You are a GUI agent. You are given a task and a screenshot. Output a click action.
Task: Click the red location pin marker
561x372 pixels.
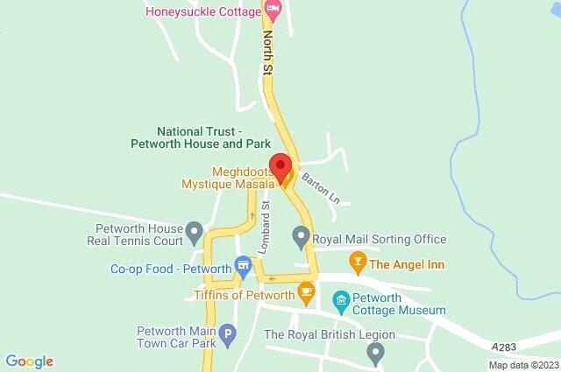click(280, 166)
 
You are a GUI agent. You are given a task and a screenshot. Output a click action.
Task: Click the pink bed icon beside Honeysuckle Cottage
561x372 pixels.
click(273, 11)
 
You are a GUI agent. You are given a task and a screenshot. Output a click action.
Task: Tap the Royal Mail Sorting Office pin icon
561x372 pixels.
click(302, 235)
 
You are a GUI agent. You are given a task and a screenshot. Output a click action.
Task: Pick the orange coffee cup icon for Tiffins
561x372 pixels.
click(306, 291)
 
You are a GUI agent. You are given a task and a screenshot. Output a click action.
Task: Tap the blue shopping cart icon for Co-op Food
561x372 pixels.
click(243, 268)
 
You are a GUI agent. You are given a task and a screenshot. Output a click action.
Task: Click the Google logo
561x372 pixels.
click(29, 361)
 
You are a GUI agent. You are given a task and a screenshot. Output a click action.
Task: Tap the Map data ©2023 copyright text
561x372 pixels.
click(522, 365)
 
